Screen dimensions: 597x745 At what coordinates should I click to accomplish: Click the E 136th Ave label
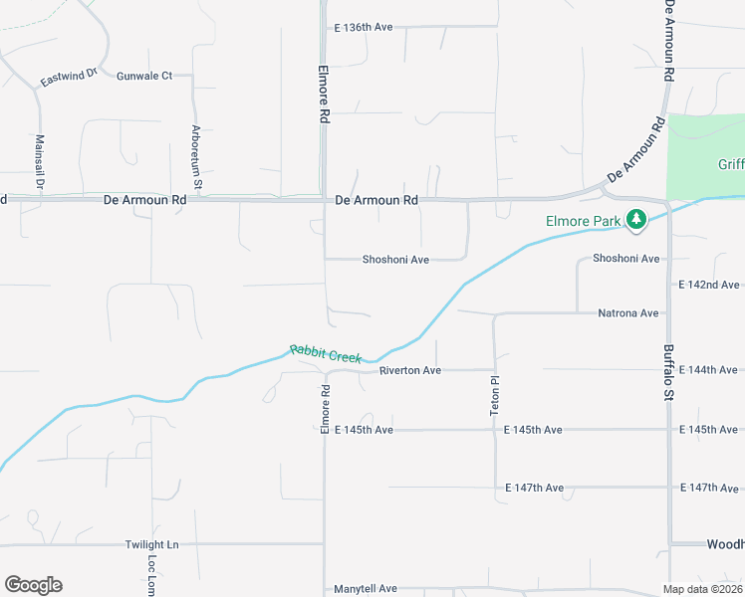364,27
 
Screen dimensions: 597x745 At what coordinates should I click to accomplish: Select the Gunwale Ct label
144,76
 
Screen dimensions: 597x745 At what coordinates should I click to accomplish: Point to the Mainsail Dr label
40,162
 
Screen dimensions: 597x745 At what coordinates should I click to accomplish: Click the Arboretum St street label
197,157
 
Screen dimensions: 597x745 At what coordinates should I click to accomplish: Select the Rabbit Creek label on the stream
326,353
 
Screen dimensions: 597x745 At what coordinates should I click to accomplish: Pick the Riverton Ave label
409,370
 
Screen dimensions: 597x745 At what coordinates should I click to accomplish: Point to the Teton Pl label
493,394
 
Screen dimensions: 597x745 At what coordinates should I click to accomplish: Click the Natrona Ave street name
627,313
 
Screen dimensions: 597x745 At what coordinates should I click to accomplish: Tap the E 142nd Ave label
709,285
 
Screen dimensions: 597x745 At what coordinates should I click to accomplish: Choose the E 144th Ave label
709,370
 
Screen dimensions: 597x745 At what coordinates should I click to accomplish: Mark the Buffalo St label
669,373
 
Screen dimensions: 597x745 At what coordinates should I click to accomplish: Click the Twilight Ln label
151,545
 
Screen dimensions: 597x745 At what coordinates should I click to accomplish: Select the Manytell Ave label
366,589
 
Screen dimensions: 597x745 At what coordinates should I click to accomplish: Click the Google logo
33,585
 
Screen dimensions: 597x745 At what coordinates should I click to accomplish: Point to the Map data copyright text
703,589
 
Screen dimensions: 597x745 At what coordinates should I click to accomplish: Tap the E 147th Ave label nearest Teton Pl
534,489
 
